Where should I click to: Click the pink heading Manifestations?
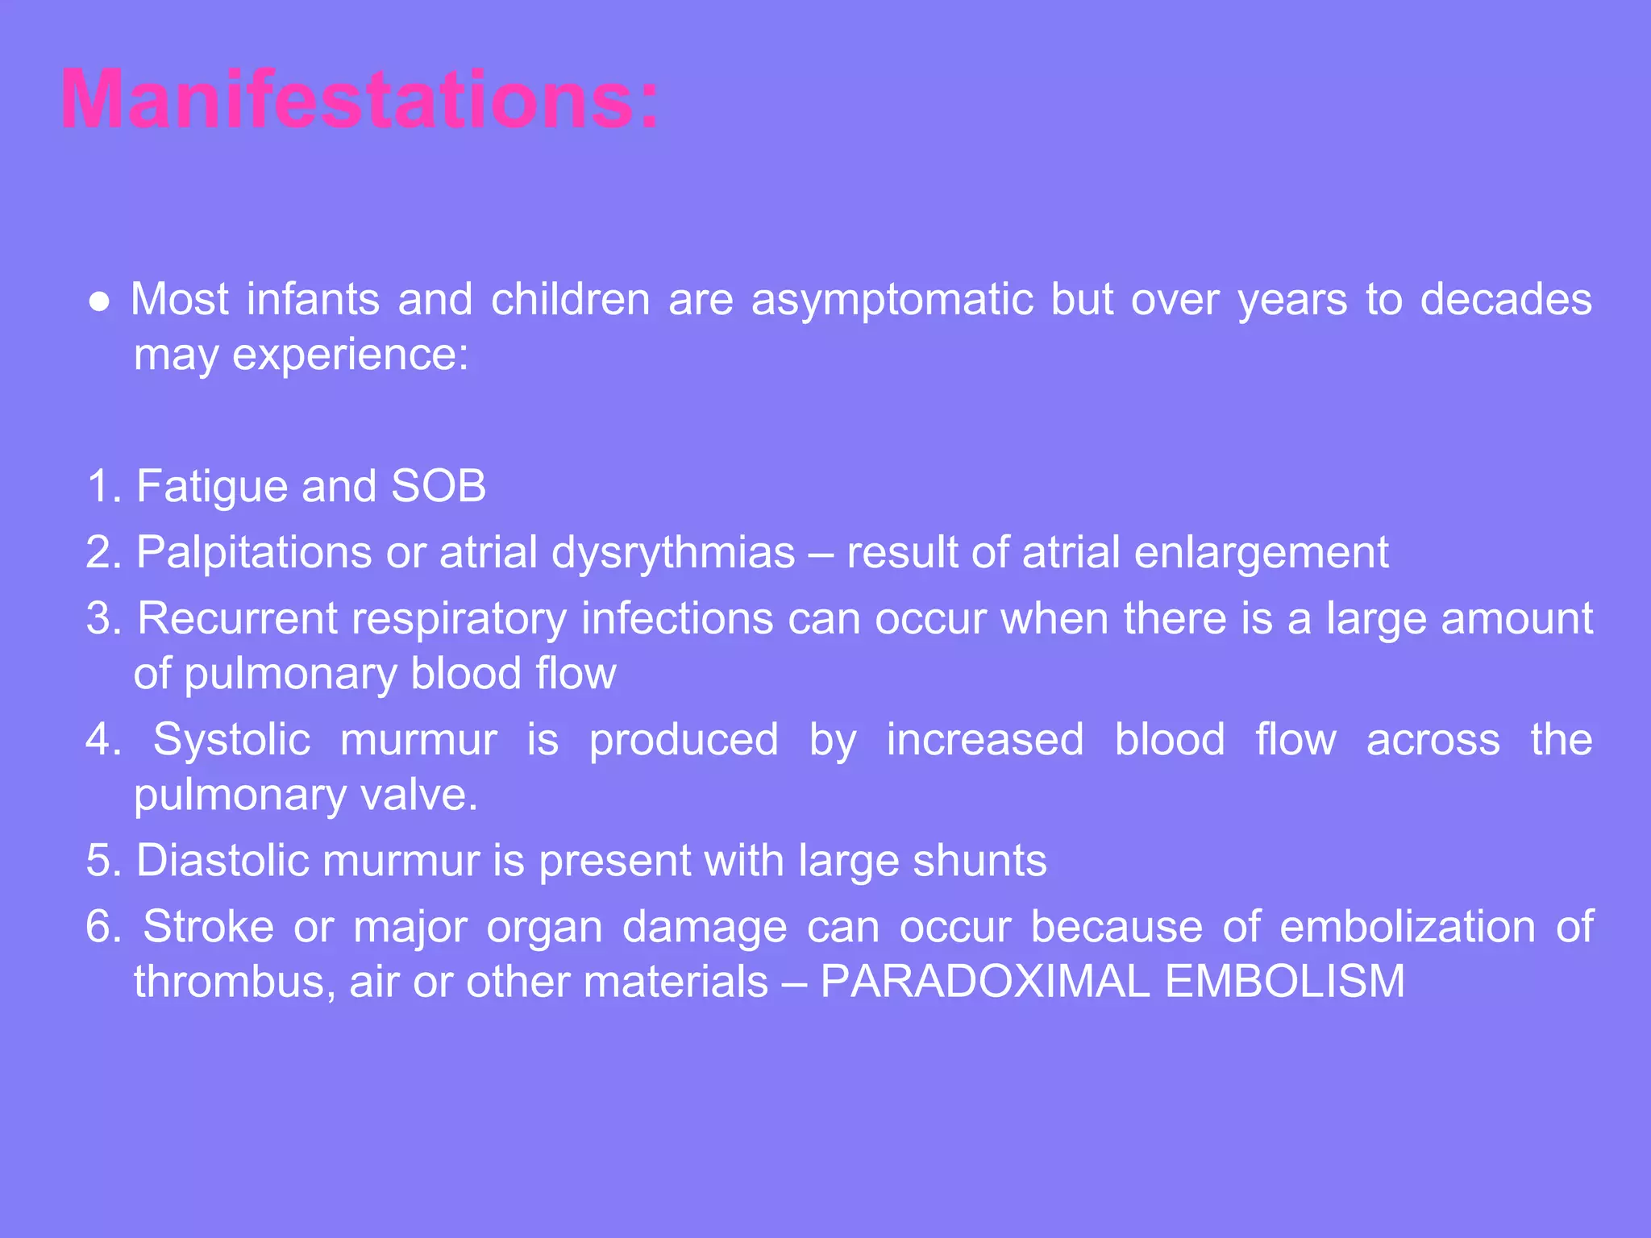(x=360, y=100)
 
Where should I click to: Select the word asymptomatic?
(x=892, y=300)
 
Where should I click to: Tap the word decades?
(x=1505, y=300)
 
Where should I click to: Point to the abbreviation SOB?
(x=439, y=486)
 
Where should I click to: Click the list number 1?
(x=102, y=486)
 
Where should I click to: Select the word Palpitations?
(x=254, y=553)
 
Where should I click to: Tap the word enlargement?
(x=1261, y=553)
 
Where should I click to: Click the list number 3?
(x=102, y=619)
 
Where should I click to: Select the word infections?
(x=677, y=619)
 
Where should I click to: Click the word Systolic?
(x=231, y=740)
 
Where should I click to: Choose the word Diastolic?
(x=222, y=861)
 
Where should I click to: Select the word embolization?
(x=1407, y=927)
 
